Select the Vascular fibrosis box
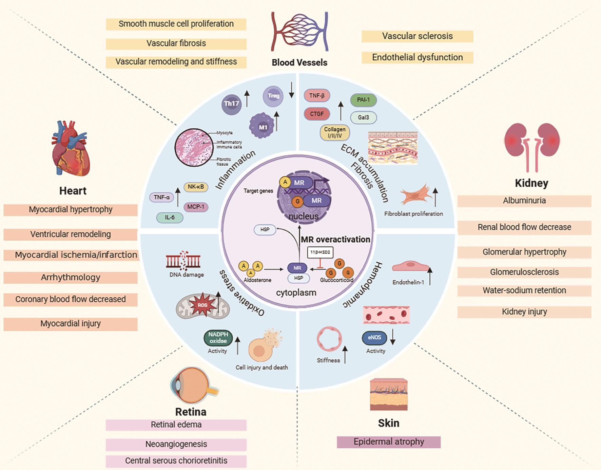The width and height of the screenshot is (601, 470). coord(176,43)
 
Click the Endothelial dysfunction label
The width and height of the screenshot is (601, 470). coord(417,57)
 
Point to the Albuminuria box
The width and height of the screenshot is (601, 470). coord(524,201)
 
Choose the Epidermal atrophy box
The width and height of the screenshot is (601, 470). coord(389,442)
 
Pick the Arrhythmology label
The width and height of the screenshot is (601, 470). coord(71,277)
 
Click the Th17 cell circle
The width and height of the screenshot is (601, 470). coord(232,104)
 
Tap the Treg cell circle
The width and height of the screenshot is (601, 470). coord(273,96)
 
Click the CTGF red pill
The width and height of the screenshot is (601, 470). coord(317,114)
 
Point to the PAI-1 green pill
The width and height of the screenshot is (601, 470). coord(363,100)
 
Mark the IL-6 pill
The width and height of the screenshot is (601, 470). coord(170,218)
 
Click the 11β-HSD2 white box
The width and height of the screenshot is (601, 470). coord(320,252)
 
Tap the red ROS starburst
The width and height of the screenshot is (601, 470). coord(202,305)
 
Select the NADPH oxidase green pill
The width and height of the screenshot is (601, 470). coord(218,338)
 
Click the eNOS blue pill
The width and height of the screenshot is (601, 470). coord(374,337)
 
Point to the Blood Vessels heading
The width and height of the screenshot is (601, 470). coord(299,62)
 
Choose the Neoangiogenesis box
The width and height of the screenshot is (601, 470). coord(176,444)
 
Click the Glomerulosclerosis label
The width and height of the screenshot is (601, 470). coord(524,272)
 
